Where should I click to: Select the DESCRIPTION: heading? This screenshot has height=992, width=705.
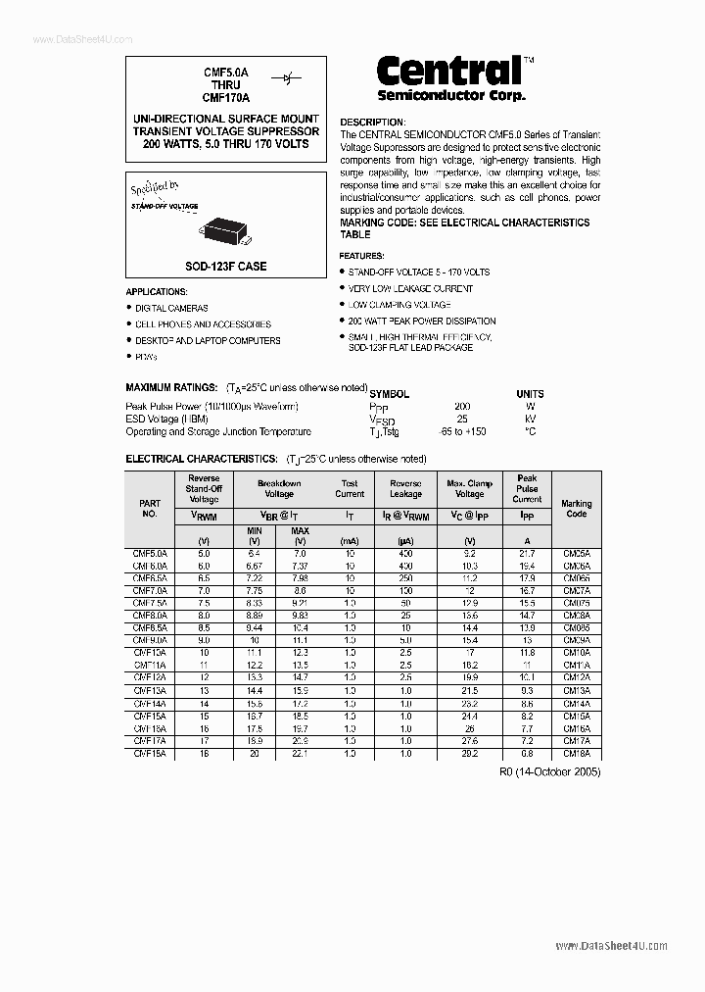(372, 123)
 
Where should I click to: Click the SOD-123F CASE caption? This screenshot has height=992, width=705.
(226, 266)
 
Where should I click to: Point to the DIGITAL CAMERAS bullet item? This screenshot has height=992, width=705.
(171, 308)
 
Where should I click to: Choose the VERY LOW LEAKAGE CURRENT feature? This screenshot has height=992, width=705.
(410, 288)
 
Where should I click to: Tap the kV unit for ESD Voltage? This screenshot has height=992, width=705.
(530, 419)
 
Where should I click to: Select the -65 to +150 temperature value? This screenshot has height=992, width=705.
(463, 431)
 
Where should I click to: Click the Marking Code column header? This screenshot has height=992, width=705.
(577, 509)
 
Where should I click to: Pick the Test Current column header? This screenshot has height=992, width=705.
(350, 488)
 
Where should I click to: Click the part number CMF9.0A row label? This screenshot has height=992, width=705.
(150, 639)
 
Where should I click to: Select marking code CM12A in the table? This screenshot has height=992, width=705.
(577, 677)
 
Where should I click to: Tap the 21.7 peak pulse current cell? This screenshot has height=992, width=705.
(527, 554)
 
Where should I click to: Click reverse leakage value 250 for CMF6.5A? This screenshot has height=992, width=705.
(405, 579)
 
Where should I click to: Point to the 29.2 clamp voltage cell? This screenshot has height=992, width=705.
(469, 755)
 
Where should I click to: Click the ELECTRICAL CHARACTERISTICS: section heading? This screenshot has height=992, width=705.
(202, 459)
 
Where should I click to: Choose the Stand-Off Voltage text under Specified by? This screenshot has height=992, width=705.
(164, 207)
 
